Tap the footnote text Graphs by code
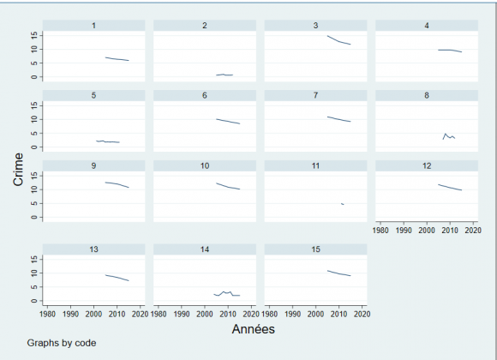61,344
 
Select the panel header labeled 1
93,26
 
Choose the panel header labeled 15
315,249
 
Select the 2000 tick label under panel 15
315,314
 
